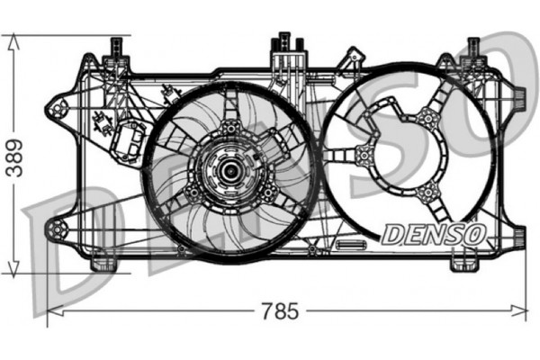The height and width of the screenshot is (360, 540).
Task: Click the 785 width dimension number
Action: coord(280,312)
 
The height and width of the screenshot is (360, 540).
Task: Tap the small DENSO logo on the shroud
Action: coord(434,233)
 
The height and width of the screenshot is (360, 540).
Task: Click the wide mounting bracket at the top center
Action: coord(285,49)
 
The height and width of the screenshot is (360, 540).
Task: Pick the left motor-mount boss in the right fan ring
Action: coord(364,154)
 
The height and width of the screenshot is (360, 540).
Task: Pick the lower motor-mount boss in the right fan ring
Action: coord(430,190)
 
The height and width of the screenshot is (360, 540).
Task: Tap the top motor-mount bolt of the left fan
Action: coord(230,127)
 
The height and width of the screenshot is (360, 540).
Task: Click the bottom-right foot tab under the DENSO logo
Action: coord(463,262)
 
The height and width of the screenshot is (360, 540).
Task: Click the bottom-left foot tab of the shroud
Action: coord(104,263)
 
